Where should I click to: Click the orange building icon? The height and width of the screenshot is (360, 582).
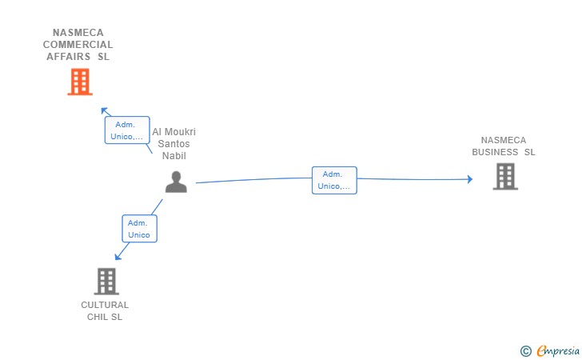pos(80,82)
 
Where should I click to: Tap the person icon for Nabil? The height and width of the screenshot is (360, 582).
pos(176,182)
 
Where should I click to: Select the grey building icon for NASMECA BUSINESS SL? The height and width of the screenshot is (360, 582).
pos(505,177)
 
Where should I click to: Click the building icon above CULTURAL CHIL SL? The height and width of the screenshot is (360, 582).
pos(106,282)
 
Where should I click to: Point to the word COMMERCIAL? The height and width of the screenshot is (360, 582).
pos(78,45)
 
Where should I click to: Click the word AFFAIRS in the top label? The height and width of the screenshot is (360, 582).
pos(68,57)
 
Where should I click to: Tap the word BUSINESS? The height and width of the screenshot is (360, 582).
pos(495,152)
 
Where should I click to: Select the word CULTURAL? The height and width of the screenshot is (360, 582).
pos(105,305)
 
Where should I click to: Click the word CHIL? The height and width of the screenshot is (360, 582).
pos(98,317)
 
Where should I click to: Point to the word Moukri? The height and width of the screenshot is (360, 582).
pos(180,132)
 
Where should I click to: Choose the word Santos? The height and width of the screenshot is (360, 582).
pos(173,144)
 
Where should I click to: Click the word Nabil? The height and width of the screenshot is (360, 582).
pos(174,156)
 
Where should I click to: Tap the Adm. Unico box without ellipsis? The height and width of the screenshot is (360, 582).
pos(140,229)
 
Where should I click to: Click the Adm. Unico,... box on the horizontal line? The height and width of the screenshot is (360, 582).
pos(334,180)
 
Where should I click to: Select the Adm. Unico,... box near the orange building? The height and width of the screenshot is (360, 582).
pos(127,130)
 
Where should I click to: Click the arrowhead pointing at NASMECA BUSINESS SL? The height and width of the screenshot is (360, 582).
pos(470,179)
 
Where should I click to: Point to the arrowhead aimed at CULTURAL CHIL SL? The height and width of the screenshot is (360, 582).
pos(118,257)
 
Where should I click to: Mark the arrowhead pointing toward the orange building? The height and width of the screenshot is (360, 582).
pos(105,110)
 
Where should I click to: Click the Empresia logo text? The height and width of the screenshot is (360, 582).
pos(558,351)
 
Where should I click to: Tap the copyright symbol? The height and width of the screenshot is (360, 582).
pos(526,351)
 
